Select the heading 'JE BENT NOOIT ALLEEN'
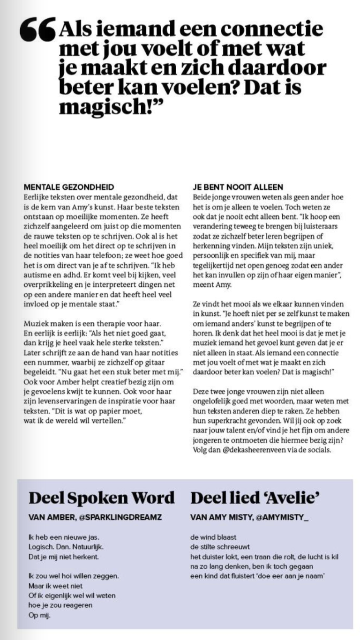pos(238,186)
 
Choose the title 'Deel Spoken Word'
pos(101,498)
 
